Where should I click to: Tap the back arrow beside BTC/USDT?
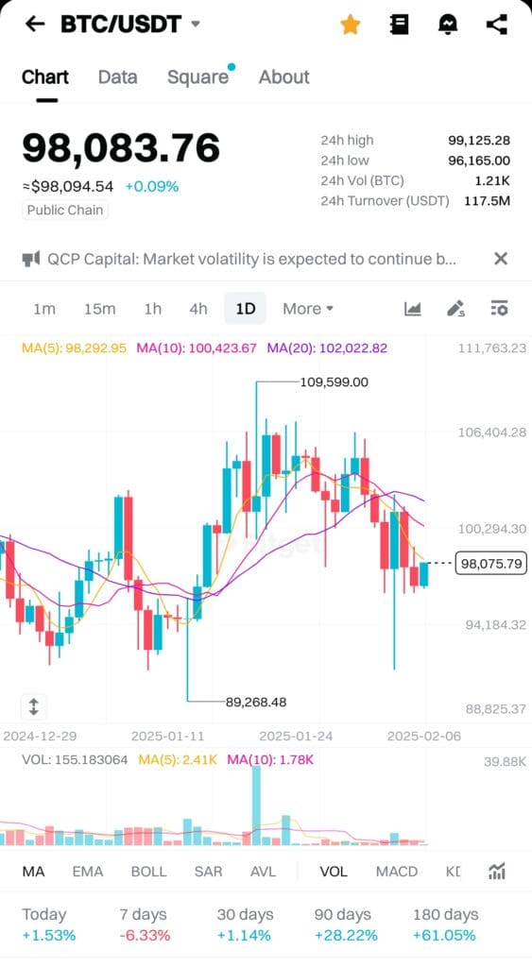pyautogui.click(x=35, y=25)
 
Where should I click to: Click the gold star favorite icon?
pyautogui.click(x=350, y=25)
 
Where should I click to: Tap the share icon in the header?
pyautogui.click(x=497, y=25)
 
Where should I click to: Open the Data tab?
pyautogui.click(x=117, y=77)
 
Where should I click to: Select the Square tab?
pyautogui.click(x=197, y=77)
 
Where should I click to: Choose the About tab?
pyautogui.click(x=283, y=77)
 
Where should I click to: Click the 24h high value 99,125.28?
pyautogui.click(x=479, y=141)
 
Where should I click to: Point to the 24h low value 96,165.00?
pyautogui.click(x=479, y=161)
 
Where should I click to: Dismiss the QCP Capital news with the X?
pyautogui.click(x=501, y=259)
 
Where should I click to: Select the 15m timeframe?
pyautogui.click(x=99, y=309)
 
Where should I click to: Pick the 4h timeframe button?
pyautogui.click(x=197, y=309)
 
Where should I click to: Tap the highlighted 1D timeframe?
pyautogui.click(x=246, y=309)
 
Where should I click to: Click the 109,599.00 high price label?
pyautogui.click(x=334, y=382)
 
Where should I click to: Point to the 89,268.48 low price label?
pyautogui.click(x=256, y=702)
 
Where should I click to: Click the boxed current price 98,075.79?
pyautogui.click(x=490, y=564)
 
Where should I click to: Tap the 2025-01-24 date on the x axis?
pyautogui.click(x=295, y=736)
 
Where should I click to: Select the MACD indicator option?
pyautogui.click(x=396, y=872)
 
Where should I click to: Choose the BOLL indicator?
pyautogui.click(x=148, y=872)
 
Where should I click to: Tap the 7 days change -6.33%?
pyautogui.click(x=145, y=935)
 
